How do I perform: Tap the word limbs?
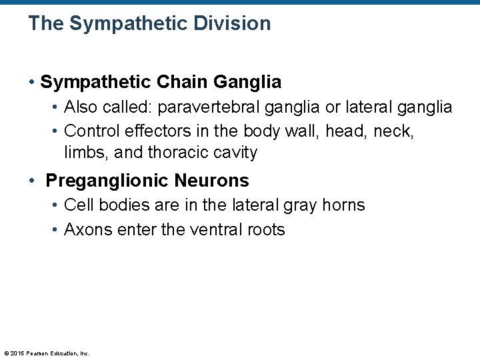tap(87, 153)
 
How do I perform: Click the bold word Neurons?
tap(215, 181)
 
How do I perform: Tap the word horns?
tap(343, 205)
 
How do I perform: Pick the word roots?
tap(266, 230)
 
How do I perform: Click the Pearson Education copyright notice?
tap(47, 353)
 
